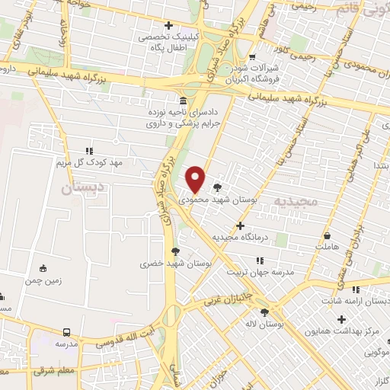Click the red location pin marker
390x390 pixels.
pyautogui.click(x=196, y=179)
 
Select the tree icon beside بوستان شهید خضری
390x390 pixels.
pyautogui.click(x=176, y=251)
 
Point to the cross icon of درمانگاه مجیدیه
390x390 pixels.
pyautogui.click(x=241, y=225)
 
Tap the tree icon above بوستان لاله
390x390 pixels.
pyautogui.click(x=264, y=312)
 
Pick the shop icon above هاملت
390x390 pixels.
pyautogui.click(x=327, y=235)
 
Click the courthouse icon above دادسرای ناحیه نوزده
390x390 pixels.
pyautogui.click(x=182, y=101)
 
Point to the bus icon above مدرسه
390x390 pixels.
pyautogui.click(x=67, y=332)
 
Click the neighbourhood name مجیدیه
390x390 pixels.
pyautogui.click(x=296, y=201)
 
